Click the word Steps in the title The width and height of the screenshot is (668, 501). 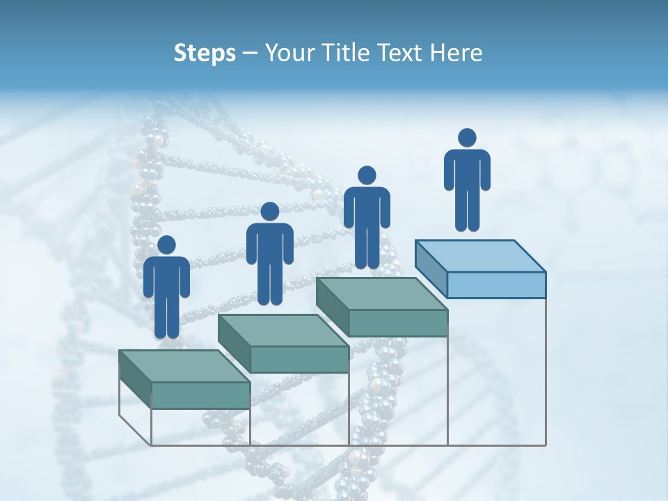pyautogui.click(x=205, y=54)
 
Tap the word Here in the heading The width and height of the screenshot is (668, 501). pyautogui.click(x=455, y=54)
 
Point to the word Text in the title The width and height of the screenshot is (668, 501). pyautogui.click(x=397, y=54)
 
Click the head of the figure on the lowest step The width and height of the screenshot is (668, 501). pyautogui.click(x=166, y=245)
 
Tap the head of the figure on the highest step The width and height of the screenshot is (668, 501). pyautogui.click(x=467, y=138)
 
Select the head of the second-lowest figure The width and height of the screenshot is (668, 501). pyautogui.click(x=269, y=212)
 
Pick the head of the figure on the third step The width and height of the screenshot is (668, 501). pyautogui.click(x=367, y=175)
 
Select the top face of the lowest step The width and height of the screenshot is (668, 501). pyautogui.click(x=184, y=366)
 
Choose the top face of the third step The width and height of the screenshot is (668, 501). pyautogui.click(x=381, y=294)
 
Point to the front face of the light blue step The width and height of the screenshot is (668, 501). pyautogui.click(x=496, y=285)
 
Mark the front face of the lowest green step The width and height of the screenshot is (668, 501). pyautogui.click(x=200, y=395)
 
